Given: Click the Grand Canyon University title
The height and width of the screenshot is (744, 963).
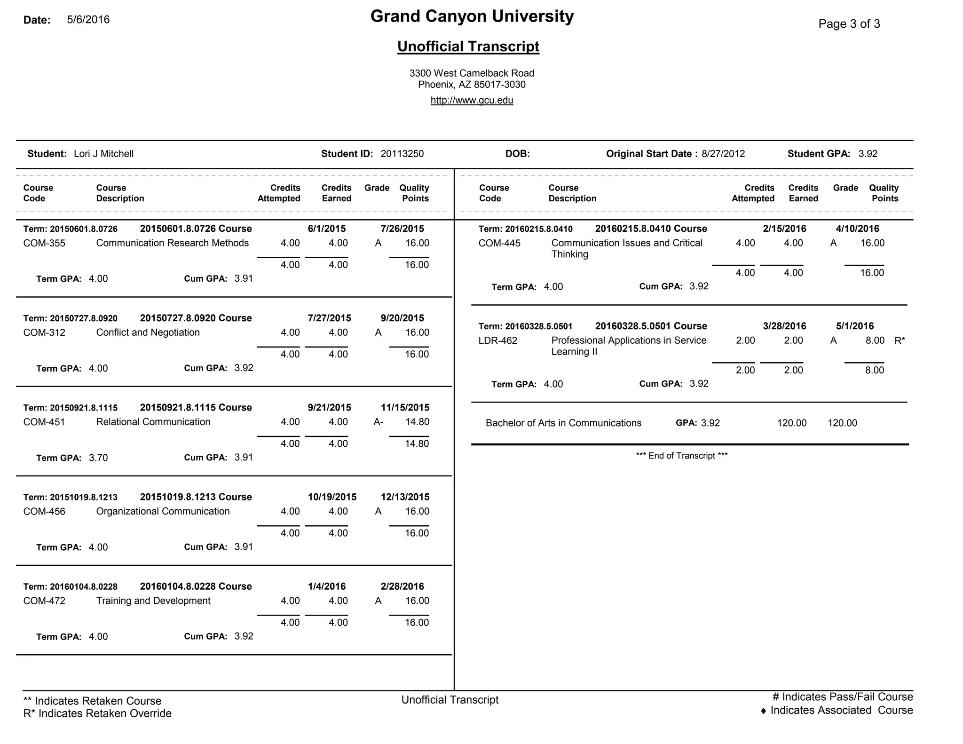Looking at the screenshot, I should pos(472,16).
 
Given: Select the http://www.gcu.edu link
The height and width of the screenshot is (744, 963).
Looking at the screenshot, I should pos(472,100).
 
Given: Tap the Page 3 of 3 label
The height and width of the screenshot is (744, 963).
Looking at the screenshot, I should pos(849,24).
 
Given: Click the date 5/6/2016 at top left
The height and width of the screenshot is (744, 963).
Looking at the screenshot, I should pos(88,20).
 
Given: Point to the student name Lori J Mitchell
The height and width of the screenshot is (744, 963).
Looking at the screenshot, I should pos(103,154).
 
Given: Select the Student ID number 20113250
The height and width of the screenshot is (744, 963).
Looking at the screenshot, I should pos(402,154).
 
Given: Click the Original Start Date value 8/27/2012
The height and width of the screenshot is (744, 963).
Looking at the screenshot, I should pos(723,154).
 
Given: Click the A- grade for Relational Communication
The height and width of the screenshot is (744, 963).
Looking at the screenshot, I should pos(378,422).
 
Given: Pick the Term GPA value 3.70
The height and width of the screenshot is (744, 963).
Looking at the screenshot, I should pos(98,458).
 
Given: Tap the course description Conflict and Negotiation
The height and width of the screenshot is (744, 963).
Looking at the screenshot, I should pos(148,332).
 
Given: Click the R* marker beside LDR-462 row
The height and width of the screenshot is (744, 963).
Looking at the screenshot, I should pos(900,341).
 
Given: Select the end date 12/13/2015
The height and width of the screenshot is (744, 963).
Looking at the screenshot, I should pos(405,497).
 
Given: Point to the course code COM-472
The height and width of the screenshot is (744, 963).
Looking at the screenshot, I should pos(44,601).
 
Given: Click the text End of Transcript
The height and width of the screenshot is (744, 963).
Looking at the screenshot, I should pos(681,456).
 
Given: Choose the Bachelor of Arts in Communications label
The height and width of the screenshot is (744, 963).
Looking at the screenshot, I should pos(563,423).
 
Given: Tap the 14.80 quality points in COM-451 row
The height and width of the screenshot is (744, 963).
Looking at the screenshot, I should pos(417,422).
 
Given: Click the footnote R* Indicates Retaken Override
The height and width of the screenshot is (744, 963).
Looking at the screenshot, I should pos(97,713).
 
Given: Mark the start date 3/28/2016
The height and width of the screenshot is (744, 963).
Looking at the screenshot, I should pos(784,326).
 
